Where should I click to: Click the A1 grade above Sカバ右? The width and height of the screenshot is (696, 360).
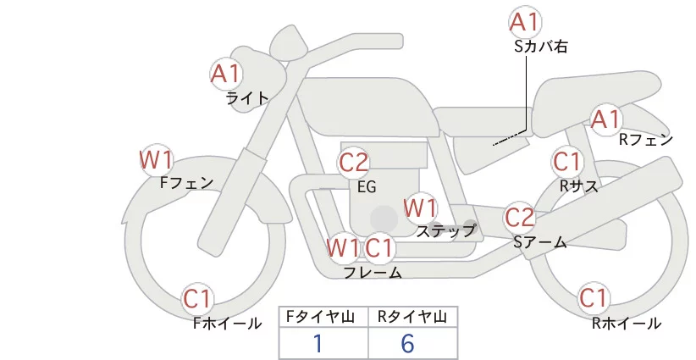525,21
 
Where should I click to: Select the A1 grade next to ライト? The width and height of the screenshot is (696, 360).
226,74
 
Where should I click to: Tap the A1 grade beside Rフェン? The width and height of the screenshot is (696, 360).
605,119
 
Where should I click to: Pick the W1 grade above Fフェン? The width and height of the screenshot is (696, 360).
157,159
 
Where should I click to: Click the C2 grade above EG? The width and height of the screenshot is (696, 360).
354,162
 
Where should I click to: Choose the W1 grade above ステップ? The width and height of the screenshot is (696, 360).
420,208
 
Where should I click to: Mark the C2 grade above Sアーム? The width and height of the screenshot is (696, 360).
520,218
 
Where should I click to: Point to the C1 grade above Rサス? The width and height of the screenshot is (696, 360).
567,161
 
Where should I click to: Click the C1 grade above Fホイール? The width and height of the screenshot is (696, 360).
198,299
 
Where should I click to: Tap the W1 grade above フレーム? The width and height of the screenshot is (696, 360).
343,248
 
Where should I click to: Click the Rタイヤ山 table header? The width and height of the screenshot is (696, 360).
412,318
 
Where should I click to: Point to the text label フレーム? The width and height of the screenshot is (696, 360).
373,272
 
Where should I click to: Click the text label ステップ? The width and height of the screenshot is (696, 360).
446,230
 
